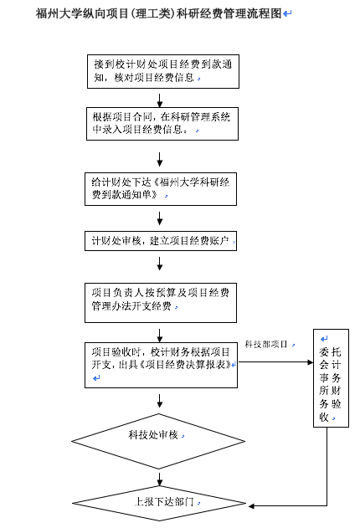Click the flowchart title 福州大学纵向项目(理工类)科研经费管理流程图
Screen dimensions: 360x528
click(x=158, y=13)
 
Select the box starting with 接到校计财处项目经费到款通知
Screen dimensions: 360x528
click(x=163, y=71)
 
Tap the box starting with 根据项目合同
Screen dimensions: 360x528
click(x=162, y=124)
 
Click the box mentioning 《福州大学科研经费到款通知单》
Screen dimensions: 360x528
click(x=161, y=189)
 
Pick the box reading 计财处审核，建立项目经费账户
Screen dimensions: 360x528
click(x=161, y=241)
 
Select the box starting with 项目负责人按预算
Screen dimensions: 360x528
click(x=161, y=303)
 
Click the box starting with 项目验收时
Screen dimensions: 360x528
click(x=161, y=366)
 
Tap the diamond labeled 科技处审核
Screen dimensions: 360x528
click(x=158, y=441)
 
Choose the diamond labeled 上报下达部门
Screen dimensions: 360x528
click(x=159, y=504)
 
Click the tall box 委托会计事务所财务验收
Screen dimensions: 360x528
click(x=331, y=378)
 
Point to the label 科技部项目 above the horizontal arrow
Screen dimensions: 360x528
click(x=265, y=344)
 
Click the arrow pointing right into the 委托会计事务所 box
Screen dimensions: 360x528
click(x=275, y=362)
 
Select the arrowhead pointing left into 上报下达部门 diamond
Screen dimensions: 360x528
click(x=251, y=505)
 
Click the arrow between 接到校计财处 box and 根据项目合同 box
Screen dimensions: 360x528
click(x=160, y=100)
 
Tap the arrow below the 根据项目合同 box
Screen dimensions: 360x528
click(x=160, y=159)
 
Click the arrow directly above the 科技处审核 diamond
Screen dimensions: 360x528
click(x=160, y=401)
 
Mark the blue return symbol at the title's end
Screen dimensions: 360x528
click(x=287, y=13)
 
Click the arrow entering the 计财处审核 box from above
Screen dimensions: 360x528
click(x=160, y=218)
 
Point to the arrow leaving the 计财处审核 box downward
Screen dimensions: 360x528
click(x=160, y=264)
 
